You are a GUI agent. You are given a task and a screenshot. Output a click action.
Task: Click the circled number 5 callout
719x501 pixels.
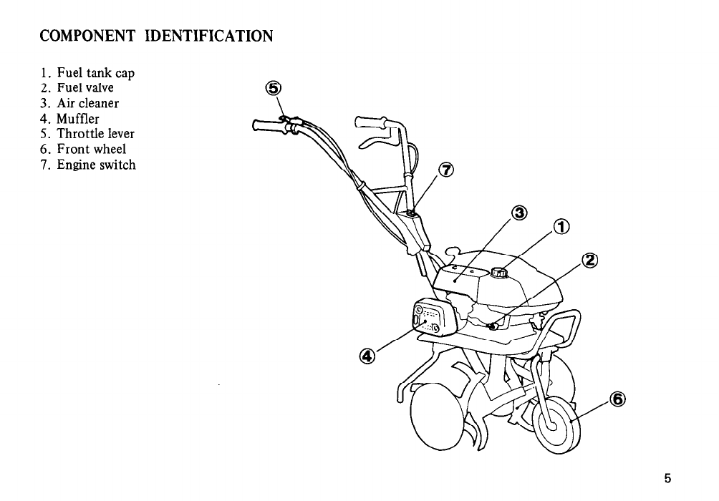(273, 89)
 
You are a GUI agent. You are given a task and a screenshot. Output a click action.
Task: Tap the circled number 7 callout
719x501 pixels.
(445, 170)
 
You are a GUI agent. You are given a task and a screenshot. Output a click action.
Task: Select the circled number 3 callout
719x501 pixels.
(521, 213)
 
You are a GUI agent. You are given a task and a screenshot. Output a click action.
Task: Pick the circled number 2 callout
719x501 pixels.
(591, 260)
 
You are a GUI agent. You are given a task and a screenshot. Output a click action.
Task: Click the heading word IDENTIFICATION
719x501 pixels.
(208, 35)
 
